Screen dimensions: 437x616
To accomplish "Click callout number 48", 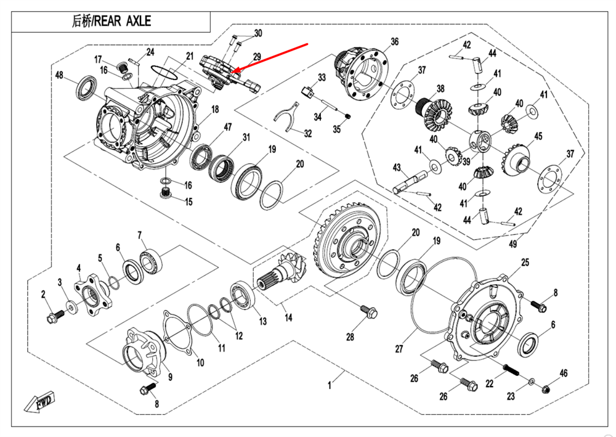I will tap(59, 75).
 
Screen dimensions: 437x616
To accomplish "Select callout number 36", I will tap(394, 41).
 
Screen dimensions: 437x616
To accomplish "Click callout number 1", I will tap(330, 385).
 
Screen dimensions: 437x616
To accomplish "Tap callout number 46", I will tap(563, 373).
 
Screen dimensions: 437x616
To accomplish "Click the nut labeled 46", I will tap(546, 388).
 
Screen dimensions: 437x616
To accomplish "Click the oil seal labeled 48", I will tap(86, 88).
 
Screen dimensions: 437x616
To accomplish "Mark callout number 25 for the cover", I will tap(525, 263).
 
